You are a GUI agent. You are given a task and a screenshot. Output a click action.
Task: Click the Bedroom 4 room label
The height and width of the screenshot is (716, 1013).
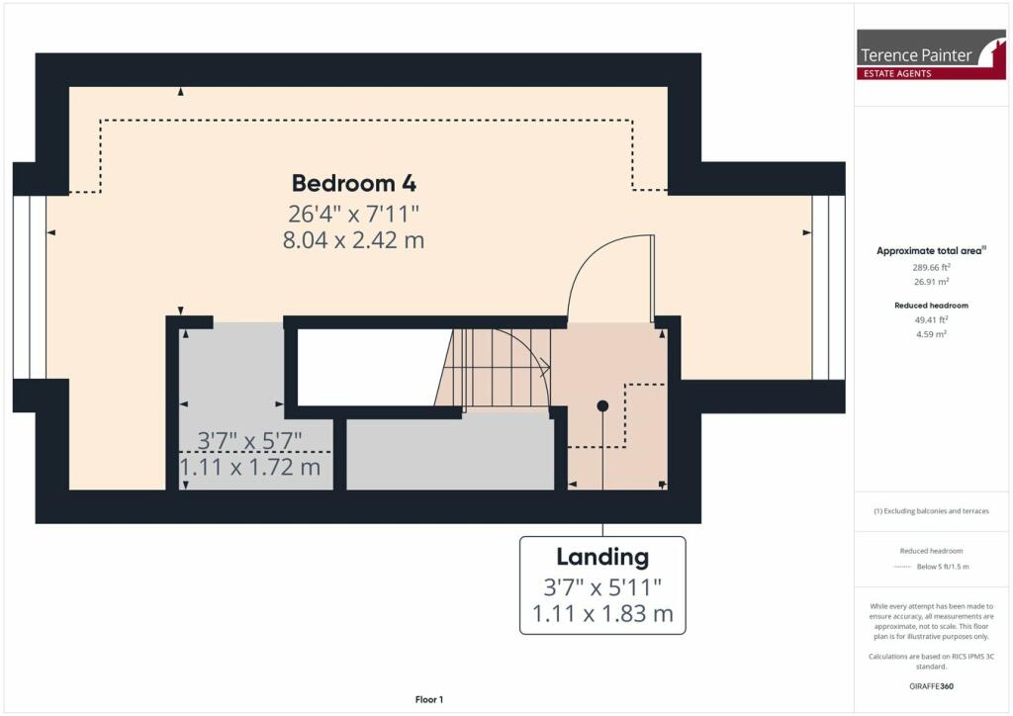[353, 183]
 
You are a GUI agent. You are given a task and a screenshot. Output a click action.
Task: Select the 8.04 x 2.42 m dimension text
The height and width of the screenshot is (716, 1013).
[353, 240]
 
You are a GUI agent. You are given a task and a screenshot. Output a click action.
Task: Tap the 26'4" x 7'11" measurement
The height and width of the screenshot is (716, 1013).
[353, 213]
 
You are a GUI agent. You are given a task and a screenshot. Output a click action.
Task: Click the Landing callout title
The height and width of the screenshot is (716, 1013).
[601, 557]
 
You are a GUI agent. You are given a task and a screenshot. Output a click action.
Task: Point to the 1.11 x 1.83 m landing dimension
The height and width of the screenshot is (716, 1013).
[601, 614]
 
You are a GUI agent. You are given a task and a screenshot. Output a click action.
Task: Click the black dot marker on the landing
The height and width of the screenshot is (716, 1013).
[602, 405]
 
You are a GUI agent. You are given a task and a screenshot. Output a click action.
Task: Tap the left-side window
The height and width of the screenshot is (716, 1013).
[30, 287]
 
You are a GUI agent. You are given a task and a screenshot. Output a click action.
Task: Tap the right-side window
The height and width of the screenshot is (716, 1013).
[828, 287]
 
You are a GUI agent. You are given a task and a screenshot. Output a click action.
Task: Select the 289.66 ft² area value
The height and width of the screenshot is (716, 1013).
[929, 267]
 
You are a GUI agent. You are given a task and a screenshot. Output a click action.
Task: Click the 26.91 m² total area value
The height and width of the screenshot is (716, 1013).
[929, 281]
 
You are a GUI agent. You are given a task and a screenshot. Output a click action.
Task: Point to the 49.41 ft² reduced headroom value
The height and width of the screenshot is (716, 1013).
[929, 320]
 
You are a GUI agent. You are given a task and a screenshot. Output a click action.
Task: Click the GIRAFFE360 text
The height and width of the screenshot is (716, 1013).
[929, 685]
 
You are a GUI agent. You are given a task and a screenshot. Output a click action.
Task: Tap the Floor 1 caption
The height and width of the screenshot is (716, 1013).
[429, 700]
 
